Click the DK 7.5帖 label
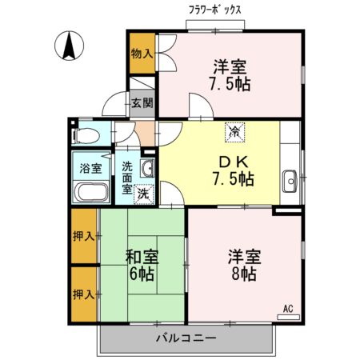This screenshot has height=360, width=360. click(230, 170)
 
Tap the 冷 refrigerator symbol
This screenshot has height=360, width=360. click(234, 132)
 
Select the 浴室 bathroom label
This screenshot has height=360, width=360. click(90, 169)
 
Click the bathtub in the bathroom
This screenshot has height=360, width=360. click(90, 193)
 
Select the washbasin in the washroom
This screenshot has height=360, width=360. click(147, 168)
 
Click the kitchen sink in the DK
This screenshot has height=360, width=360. click(290, 178)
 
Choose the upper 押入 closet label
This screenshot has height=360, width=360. click(84, 237)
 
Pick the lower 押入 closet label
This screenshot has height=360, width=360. click(84, 294)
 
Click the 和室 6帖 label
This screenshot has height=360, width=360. click(142, 265)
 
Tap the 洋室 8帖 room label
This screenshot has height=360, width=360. click(242, 265)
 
